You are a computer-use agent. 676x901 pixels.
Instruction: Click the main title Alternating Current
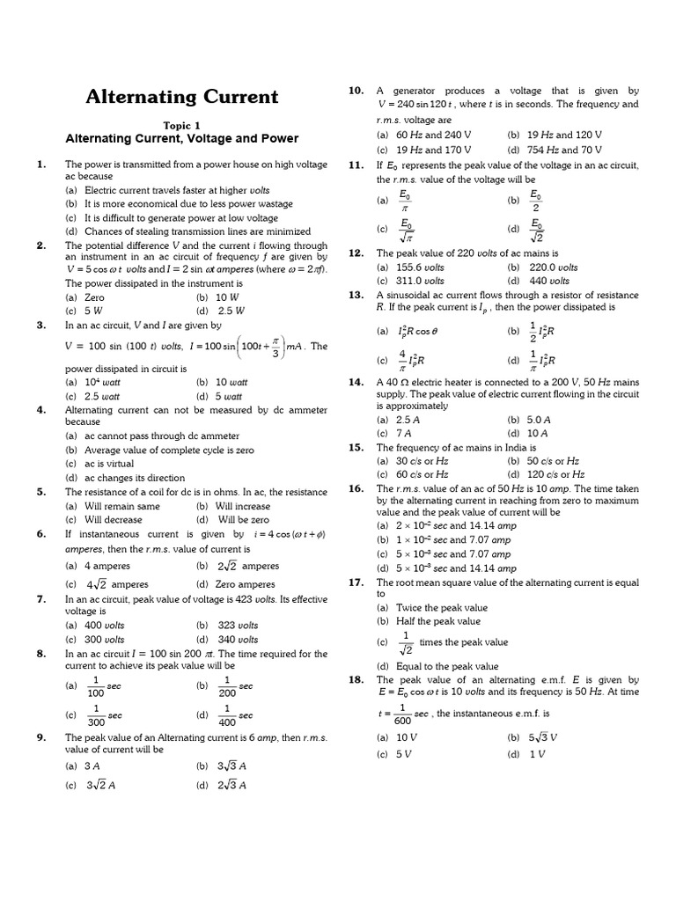pos(181,97)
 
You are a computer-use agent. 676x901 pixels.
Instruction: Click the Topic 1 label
pos(181,125)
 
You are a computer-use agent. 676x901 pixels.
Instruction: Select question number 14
pos(356,382)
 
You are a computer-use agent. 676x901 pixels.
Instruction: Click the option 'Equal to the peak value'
pos(437,666)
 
